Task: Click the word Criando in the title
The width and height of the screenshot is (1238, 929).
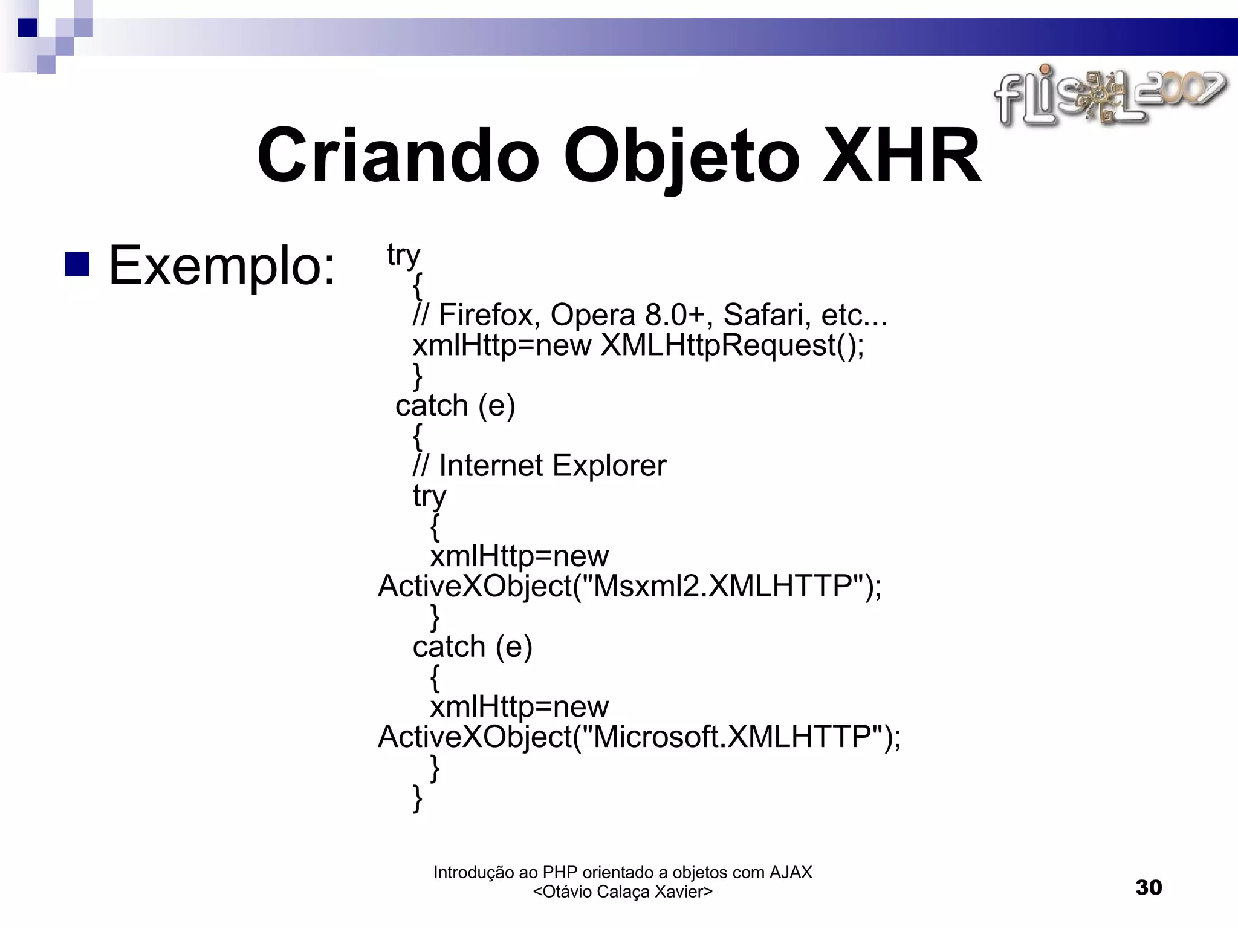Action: click(397, 156)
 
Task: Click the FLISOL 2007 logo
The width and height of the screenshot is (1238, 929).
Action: click(1109, 97)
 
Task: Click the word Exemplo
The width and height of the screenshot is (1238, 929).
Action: click(221, 266)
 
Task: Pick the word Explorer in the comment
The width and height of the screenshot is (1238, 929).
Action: click(609, 466)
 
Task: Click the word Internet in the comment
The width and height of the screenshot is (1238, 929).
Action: click(491, 466)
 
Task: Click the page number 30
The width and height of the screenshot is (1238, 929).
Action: click(1149, 887)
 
